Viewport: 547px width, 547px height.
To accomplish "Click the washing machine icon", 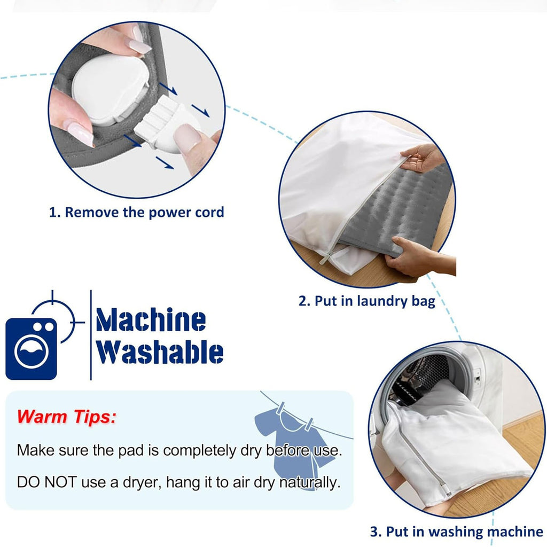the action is pyautogui.click(x=31, y=348).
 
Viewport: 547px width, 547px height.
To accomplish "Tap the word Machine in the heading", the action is pyautogui.click(x=151, y=319).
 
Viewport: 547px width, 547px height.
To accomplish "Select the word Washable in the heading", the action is pyautogui.click(x=159, y=352).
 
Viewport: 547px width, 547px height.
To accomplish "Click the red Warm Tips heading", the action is pyautogui.click(x=66, y=417).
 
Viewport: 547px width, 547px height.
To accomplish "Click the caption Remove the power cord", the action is pyautogui.click(x=136, y=212).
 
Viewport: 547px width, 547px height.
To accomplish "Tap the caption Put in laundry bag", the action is pyautogui.click(x=366, y=301).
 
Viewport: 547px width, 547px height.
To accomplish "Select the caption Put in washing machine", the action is pyautogui.click(x=457, y=532).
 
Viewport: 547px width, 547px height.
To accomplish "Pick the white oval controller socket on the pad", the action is pyautogui.click(x=110, y=89).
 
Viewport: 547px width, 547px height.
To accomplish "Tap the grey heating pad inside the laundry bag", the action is pyautogui.click(x=397, y=209).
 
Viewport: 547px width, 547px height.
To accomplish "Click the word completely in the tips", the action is pyautogui.click(x=200, y=451).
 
